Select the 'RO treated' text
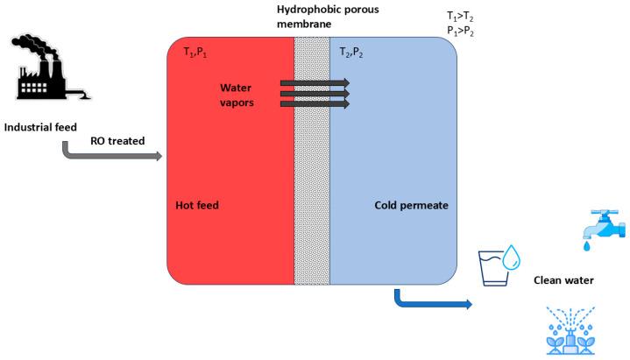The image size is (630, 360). pos(117,140)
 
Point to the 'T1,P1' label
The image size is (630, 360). pos(195,53)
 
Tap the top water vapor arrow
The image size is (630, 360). pos(314,83)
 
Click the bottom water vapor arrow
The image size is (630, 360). pos(314,104)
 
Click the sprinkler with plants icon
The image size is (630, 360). pos(575,330)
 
